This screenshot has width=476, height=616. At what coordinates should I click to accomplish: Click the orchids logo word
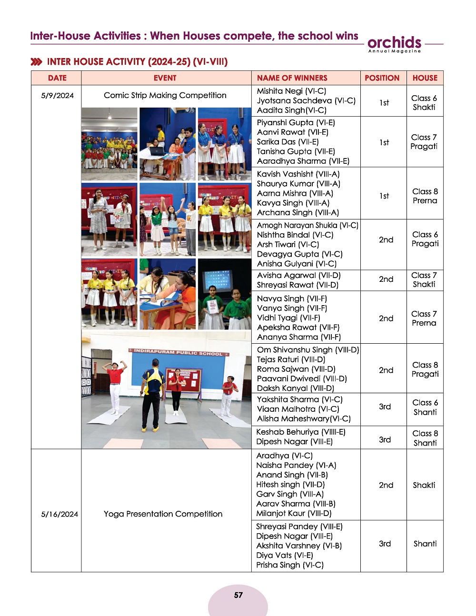click(394, 42)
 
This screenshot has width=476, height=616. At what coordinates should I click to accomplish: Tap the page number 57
click(238, 595)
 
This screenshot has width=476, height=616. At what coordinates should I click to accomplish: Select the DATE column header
click(57, 78)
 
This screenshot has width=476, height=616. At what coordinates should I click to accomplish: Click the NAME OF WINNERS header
click(292, 78)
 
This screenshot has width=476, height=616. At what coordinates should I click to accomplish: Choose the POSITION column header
click(382, 78)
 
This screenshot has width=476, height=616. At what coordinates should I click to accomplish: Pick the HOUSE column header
click(425, 78)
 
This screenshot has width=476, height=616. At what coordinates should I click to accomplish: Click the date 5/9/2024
click(57, 96)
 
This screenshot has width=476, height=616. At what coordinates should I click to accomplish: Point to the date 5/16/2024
click(59, 514)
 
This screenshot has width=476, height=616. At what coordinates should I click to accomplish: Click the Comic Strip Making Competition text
click(165, 95)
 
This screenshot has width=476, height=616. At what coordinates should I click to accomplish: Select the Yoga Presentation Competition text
click(163, 514)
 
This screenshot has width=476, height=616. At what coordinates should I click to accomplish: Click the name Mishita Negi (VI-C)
click(291, 91)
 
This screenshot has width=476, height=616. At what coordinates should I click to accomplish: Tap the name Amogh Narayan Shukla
click(307, 225)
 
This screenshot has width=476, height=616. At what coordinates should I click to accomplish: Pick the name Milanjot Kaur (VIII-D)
click(294, 513)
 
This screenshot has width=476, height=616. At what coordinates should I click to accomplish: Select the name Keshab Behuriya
click(300, 432)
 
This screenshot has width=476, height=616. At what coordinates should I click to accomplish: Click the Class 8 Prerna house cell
click(425, 196)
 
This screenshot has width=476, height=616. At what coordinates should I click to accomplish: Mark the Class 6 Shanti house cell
click(425, 407)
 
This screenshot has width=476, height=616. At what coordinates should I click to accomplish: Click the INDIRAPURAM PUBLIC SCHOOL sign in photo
click(178, 353)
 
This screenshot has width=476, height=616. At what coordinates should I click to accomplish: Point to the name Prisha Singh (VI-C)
click(289, 565)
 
